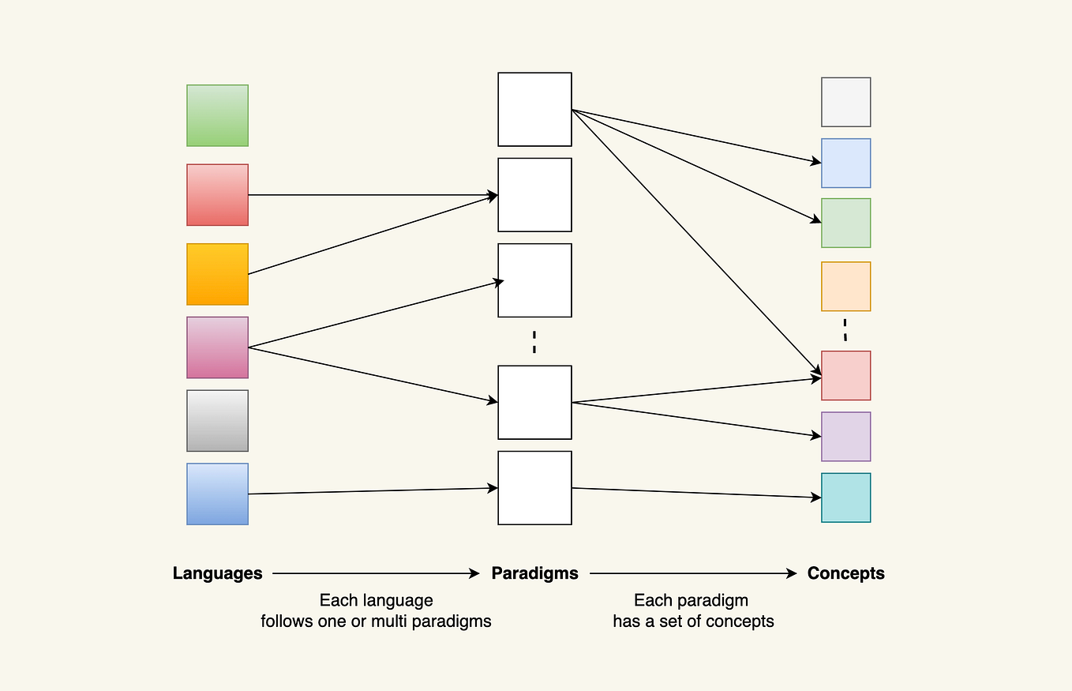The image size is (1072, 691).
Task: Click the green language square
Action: (x=217, y=115)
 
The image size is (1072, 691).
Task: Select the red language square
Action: (x=217, y=195)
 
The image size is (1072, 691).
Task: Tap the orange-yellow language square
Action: (x=217, y=274)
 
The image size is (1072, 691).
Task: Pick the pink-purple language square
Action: (x=217, y=347)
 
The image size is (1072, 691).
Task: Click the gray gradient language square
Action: (x=217, y=421)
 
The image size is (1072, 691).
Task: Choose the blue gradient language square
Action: (x=217, y=494)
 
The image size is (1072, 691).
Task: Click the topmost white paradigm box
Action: (x=534, y=110)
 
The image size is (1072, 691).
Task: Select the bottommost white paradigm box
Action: (x=534, y=488)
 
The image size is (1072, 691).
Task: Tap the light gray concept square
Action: (x=845, y=102)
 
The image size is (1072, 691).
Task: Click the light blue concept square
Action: (x=845, y=163)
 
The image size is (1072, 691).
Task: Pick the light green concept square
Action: (x=845, y=223)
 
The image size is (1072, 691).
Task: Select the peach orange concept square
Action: (x=845, y=287)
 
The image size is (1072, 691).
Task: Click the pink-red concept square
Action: (x=845, y=376)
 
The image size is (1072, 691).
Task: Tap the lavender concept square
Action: (x=845, y=437)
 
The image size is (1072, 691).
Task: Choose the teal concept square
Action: (x=845, y=498)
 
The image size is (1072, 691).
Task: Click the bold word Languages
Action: (x=217, y=573)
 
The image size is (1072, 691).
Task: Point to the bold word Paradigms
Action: (x=534, y=573)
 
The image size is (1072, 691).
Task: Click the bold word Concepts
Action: (x=845, y=573)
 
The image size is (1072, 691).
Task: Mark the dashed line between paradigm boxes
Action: (x=534, y=341)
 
